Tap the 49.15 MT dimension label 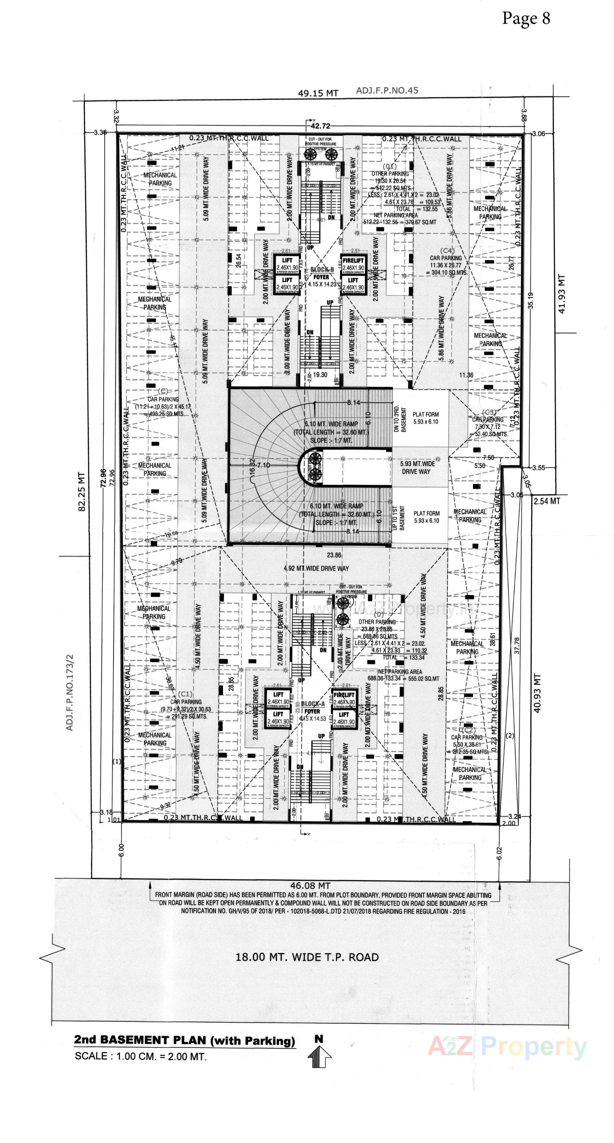pyautogui.click(x=318, y=93)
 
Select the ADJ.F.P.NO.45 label pyautogui.click(x=387, y=91)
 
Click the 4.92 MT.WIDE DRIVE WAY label pyautogui.click(x=316, y=568)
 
